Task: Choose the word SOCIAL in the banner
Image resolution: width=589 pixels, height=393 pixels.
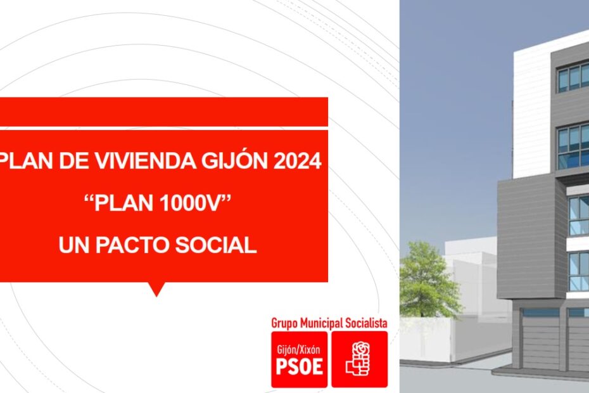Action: tap(215, 245)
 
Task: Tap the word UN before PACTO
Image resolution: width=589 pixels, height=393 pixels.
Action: tap(75, 245)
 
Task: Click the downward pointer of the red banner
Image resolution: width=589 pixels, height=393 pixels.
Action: tap(156, 289)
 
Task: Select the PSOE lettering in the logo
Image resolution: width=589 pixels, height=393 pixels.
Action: tap(300, 366)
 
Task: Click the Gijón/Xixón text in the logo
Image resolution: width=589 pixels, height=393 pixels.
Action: tap(299, 350)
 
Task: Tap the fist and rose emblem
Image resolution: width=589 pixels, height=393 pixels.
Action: tap(358, 358)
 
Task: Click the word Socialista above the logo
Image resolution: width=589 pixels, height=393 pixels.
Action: tap(366, 323)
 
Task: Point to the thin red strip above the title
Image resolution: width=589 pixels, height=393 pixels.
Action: tap(164, 112)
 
